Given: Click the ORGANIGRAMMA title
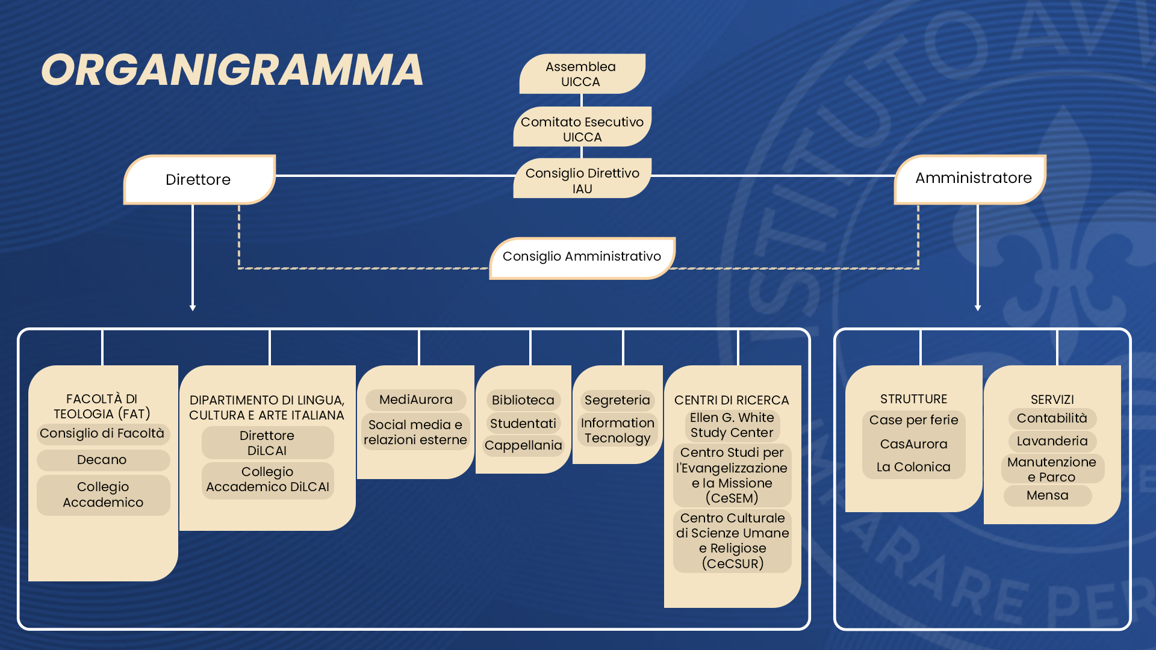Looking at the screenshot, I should (232, 70).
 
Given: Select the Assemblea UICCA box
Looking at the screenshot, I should (582, 74).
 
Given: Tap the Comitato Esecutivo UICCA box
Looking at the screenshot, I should (582, 129).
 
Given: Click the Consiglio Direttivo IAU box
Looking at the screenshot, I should (582, 180).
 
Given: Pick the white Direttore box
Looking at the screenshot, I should (199, 179).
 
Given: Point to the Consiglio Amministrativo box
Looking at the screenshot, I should (582, 257).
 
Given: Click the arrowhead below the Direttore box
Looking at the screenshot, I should (193, 308).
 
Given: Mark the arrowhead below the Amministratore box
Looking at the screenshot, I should (978, 308).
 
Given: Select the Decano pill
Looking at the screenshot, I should (102, 460).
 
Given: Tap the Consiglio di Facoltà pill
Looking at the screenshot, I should (102, 433).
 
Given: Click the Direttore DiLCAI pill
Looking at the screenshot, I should (267, 443).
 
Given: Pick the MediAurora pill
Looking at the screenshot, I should (415, 400).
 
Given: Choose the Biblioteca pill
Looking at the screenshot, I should (523, 400).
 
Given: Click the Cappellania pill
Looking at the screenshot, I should (523, 445).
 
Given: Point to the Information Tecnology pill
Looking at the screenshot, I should (617, 430).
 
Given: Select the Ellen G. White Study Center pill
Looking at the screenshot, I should (732, 425).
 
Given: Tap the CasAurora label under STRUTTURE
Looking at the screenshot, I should (913, 444).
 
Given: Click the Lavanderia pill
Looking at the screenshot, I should (1052, 441).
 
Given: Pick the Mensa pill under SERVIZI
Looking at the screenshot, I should (1047, 495).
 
